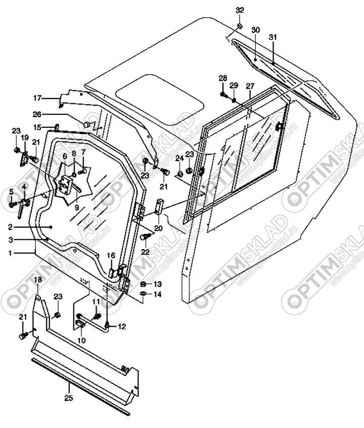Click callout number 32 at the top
(x=240, y=11)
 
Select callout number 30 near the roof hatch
(x=255, y=30)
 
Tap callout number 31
(x=273, y=37)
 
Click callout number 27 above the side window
(x=250, y=86)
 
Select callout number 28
(x=223, y=78)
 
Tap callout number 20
(x=158, y=228)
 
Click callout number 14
(x=158, y=294)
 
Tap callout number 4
(x=24, y=187)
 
